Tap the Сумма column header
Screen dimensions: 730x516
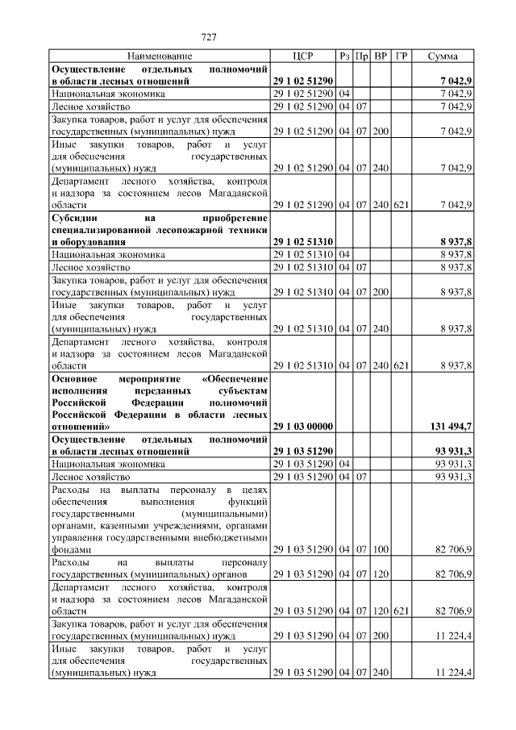click(x=443, y=56)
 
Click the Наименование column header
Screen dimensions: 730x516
click(x=160, y=56)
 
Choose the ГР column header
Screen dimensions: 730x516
click(x=401, y=56)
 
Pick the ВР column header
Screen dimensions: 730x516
click(x=381, y=56)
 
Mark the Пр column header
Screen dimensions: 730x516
click(x=363, y=56)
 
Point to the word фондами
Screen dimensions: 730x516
click(x=69, y=549)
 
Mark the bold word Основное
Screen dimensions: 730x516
click(x=75, y=378)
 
